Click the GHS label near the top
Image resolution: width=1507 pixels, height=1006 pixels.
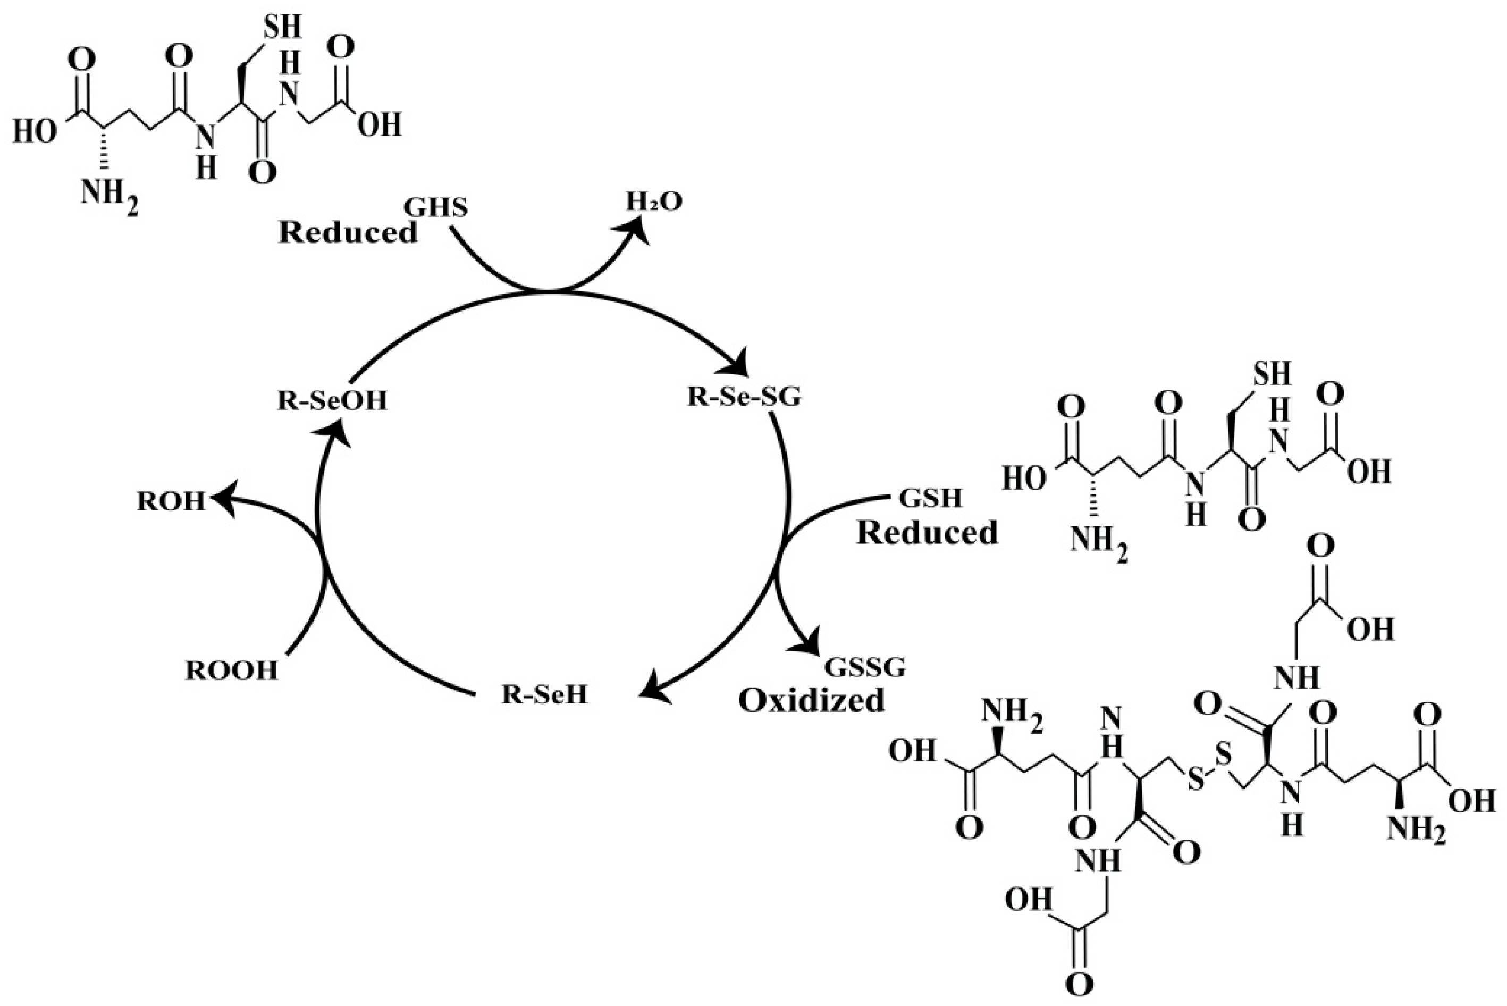[435, 207]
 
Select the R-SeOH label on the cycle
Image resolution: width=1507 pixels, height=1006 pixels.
[332, 401]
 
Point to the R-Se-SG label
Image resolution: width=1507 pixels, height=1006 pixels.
[744, 397]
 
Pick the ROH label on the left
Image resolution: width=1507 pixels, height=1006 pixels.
[171, 502]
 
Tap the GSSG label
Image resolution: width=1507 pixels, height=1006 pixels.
[864, 668]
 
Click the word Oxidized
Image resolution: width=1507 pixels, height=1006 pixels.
[811, 701]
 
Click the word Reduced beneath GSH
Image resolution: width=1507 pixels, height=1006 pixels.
[927, 533]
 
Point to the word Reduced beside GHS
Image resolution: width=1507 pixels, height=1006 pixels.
[348, 232]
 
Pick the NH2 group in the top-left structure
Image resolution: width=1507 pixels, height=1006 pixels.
[109, 192]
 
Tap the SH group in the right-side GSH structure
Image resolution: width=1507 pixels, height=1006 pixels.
[1272, 373]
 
